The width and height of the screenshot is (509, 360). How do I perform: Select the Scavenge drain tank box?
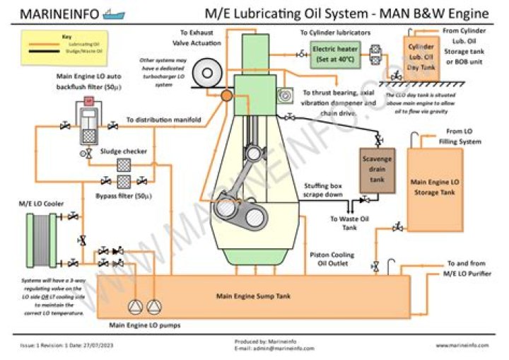tap(377, 171)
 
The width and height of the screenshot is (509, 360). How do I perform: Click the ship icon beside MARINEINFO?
tap(114, 13)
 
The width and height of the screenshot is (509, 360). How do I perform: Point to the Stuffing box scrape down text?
tap(324, 190)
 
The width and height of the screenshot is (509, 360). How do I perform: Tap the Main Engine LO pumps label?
tap(144, 325)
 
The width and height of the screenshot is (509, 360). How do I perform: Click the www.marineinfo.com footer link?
tap(462, 344)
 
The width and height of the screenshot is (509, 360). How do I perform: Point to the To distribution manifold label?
tap(163, 120)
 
